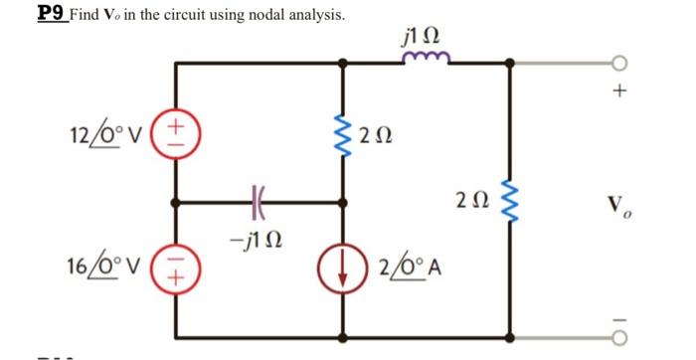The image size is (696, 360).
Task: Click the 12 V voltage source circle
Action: (x=177, y=131)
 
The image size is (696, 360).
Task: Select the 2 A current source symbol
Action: (x=345, y=268)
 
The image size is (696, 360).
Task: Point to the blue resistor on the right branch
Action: (x=511, y=199)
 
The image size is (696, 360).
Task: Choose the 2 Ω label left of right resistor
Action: (x=472, y=199)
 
